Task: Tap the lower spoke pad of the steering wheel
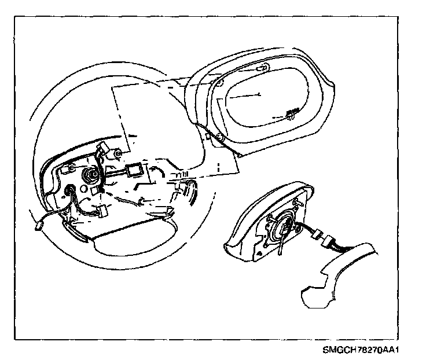click(133, 243)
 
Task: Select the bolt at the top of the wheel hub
click(117, 153)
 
